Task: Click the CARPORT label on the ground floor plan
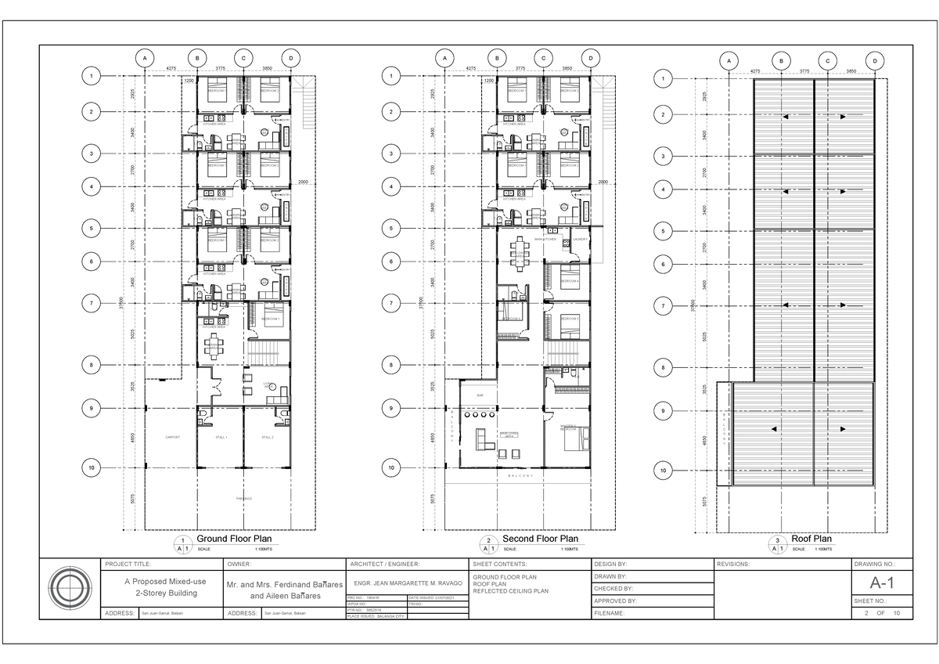[173, 437]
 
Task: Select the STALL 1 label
[221, 437]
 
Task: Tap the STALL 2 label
[268, 437]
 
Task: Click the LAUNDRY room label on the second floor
[580, 240]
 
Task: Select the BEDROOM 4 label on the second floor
[570, 280]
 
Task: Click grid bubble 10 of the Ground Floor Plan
[92, 467]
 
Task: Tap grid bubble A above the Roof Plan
[729, 62]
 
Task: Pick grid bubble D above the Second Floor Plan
[591, 58]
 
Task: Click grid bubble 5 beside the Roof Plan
[664, 231]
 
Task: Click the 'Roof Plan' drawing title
[811, 539]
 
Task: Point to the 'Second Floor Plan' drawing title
[540, 539]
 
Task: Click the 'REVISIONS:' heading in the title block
[735, 564]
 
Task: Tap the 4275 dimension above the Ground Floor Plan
[171, 69]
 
